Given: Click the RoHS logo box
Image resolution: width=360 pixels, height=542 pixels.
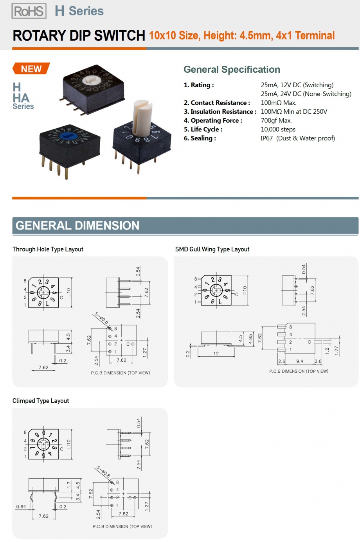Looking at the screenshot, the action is (29, 11).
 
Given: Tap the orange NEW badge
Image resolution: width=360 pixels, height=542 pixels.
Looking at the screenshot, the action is (31, 69).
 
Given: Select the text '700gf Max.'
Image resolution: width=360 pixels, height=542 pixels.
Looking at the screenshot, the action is (276, 120).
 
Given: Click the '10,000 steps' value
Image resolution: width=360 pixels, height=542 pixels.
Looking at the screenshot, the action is (278, 129).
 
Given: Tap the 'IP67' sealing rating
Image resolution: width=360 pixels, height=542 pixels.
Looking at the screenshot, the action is (266, 138).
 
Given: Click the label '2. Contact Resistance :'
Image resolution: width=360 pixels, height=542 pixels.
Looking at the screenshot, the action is (217, 102).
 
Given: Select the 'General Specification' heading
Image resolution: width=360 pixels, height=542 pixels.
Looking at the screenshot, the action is (232, 70).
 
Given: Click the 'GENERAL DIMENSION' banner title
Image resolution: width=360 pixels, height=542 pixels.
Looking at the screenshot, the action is (77, 226).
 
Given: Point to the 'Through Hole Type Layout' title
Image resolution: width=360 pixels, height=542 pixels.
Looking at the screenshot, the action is (48, 249).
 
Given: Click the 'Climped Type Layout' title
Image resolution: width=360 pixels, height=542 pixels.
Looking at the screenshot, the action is (41, 401).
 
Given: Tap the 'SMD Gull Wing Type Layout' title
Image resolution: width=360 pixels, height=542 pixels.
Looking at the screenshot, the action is (212, 249).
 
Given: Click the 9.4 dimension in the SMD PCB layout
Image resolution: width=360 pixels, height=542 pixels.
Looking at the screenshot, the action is (299, 361).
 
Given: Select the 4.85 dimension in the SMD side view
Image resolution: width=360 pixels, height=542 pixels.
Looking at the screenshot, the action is (250, 339).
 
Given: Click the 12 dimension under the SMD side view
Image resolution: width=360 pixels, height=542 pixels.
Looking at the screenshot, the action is (216, 354).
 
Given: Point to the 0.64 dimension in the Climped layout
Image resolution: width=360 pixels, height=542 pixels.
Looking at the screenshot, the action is (21, 506).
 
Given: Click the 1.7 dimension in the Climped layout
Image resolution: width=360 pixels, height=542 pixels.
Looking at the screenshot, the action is (69, 485).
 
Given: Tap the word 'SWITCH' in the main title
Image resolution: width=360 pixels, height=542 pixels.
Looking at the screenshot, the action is (120, 35).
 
